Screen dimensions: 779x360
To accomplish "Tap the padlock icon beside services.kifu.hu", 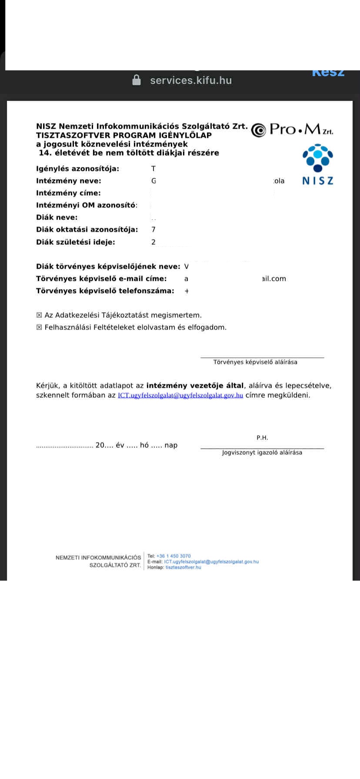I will [x=137, y=80].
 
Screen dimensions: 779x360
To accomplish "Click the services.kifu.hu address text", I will [x=191, y=80].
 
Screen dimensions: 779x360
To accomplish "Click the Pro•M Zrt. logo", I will [x=292, y=130].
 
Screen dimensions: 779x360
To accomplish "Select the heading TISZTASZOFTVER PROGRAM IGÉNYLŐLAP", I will [x=124, y=135].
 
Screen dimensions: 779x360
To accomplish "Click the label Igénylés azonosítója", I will [x=77, y=169].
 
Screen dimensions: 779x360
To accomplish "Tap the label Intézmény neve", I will [x=69, y=181].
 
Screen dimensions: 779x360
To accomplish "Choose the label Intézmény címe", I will [x=68, y=193].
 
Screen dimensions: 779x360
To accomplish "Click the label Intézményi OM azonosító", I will [x=87, y=205].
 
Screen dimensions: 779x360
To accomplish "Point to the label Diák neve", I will [x=57, y=217].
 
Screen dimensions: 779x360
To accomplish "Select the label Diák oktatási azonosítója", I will [x=87, y=230].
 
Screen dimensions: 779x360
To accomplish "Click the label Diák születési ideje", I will [x=76, y=242].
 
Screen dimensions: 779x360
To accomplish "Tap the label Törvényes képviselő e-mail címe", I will [x=101, y=279].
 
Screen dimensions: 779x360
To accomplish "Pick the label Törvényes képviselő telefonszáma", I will [x=105, y=291].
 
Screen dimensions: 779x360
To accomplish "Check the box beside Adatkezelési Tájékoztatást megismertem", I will [x=39, y=315].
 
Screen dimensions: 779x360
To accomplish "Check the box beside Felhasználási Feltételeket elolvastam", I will [x=39, y=327].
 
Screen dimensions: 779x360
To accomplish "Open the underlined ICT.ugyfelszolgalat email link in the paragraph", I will [x=180, y=396].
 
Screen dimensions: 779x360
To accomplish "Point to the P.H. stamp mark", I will [x=262, y=438].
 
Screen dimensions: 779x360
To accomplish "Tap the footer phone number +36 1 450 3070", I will [x=173, y=556].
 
